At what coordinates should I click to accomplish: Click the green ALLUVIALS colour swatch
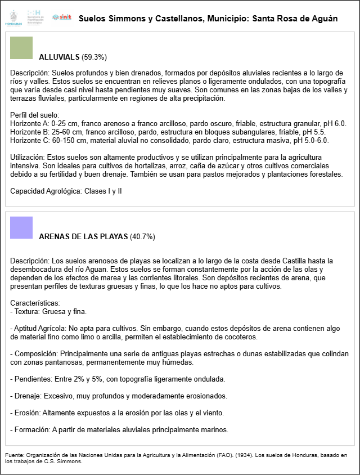21,48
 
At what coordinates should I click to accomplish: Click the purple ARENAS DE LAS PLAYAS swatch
21,227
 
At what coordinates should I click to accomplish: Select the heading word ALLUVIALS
59,57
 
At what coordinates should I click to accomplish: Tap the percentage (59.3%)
94,57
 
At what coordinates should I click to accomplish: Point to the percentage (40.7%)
142,236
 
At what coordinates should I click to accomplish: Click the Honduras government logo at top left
12,19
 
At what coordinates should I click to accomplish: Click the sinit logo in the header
61,18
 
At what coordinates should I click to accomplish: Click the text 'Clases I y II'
103,191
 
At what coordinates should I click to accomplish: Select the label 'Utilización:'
28,158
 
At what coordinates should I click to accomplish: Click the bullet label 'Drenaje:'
28,396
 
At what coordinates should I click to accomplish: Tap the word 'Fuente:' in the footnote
15,455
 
